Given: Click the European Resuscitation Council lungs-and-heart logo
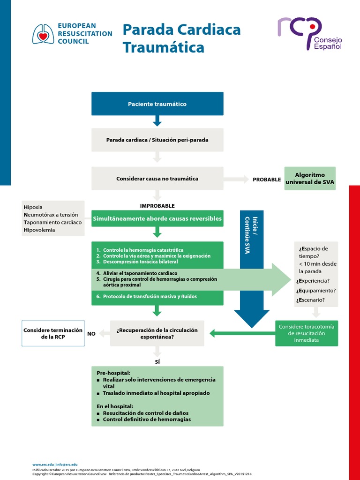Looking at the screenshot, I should pos(43,34).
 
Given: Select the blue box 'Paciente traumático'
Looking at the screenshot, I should pos(157,104).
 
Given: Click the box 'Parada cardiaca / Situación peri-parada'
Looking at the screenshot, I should pos(157,140).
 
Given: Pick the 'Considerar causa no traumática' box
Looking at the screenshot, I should pos(157,179).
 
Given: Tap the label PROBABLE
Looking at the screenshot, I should pos(267,180).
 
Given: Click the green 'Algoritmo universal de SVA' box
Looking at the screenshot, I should pos(310,179).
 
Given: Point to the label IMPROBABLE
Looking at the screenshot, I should pos(157,206).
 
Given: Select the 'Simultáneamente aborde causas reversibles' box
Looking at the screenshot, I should pos(157,218).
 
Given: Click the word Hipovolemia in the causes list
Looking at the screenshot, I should pos(39,230).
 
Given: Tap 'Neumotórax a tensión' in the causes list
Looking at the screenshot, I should pos(50,215).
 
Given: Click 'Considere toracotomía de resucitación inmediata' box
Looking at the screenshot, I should pos(307,333).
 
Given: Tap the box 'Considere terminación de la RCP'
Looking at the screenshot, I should pos(53,333).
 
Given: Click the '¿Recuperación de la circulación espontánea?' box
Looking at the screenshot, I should pos(157,333).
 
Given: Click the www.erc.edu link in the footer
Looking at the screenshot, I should pos(43,464).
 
